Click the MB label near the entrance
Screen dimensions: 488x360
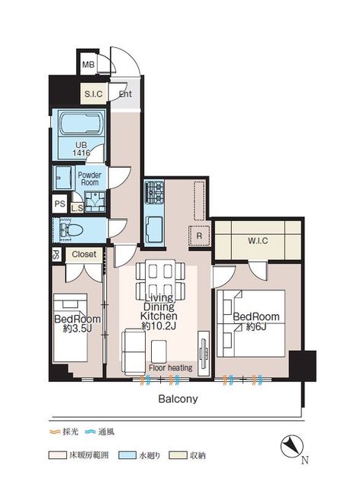(88, 65)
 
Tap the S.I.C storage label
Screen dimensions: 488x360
(94, 95)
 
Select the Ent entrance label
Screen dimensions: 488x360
(125, 95)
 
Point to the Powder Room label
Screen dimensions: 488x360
(91, 178)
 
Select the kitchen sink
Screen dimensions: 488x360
(153, 226)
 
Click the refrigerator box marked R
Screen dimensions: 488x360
(199, 236)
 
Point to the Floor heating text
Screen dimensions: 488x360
(170, 368)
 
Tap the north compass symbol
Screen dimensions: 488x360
(294, 447)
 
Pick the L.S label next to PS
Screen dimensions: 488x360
(76, 207)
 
